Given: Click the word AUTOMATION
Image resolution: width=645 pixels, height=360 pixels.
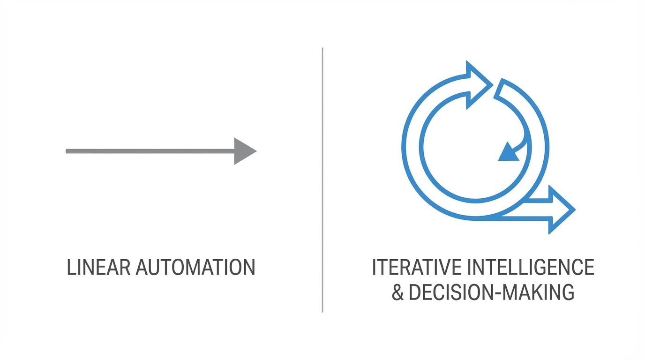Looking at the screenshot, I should click(x=195, y=267).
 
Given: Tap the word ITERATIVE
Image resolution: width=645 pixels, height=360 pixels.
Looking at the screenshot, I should click(x=416, y=267).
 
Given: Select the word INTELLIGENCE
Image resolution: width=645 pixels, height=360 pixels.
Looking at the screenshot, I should click(x=531, y=267).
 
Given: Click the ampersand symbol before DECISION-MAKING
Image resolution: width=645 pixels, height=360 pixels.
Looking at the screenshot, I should click(x=397, y=292).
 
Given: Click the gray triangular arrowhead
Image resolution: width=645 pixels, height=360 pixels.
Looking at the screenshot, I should click(x=244, y=151).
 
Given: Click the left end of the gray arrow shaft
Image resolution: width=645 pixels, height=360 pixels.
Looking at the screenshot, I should click(x=68, y=151).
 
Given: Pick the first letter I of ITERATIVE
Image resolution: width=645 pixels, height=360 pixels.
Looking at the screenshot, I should click(x=374, y=267).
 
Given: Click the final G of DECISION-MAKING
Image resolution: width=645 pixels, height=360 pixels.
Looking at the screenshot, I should click(x=567, y=292).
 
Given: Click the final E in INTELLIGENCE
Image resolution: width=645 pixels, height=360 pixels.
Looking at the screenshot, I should click(x=589, y=267).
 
